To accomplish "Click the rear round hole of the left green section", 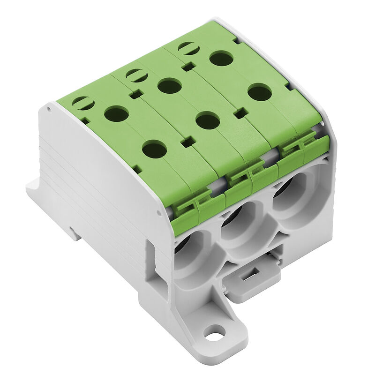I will tap(116, 113).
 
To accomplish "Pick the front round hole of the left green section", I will tap(154, 150).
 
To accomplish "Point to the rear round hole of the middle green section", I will tap(169, 86).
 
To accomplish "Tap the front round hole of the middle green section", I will tap(208, 120).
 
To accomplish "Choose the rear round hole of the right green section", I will tap(222, 58).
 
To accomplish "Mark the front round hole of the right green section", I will tap(260, 92).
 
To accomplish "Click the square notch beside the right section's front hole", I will tap(241, 113).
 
